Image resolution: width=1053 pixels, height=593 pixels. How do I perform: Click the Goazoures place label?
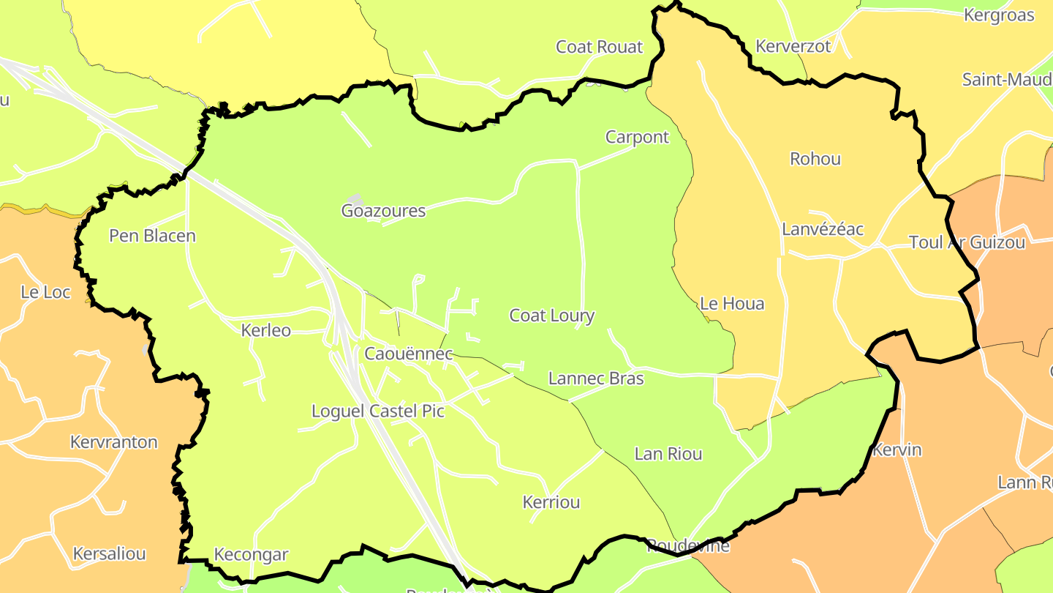pyautogui.click(x=383, y=212)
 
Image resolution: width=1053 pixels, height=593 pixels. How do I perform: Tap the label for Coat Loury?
pyautogui.click(x=551, y=316)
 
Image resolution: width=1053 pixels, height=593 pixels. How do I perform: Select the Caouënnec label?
pyautogui.click(x=409, y=354)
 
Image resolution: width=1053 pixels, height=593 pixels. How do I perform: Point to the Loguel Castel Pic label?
pyautogui.click(x=378, y=411)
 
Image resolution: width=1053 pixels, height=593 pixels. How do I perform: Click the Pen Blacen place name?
pyautogui.click(x=152, y=236)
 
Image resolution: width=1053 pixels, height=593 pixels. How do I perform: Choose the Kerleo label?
pyautogui.click(x=266, y=331)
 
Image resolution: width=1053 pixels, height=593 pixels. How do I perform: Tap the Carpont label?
pyautogui.click(x=637, y=138)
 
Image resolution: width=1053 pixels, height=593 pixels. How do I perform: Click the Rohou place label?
pyautogui.click(x=815, y=160)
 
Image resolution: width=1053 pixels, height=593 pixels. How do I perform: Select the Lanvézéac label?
pyautogui.click(x=823, y=230)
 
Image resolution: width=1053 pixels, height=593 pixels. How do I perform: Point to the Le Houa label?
pyautogui.click(x=732, y=304)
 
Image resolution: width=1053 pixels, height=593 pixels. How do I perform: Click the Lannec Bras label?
pyautogui.click(x=596, y=378)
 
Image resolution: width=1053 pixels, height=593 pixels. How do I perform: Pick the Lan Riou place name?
pyautogui.click(x=668, y=454)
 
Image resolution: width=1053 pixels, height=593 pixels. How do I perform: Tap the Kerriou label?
pyautogui.click(x=551, y=502)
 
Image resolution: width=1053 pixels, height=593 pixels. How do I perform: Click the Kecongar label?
pyautogui.click(x=251, y=555)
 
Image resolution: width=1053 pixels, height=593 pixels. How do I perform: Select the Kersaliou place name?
pyautogui.click(x=109, y=554)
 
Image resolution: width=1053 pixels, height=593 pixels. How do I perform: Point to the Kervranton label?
pyautogui.click(x=114, y=442)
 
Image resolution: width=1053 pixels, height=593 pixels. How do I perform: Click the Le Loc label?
pyautogui.click(x=45, y=293)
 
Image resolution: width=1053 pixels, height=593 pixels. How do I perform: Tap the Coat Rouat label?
pyautogui.click(x=599, y=48)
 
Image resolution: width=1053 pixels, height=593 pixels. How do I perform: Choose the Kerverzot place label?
pyautogui.click(x=793, y=47)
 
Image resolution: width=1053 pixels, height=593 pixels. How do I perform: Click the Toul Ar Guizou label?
pyautogui.click(x=967, y=243)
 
